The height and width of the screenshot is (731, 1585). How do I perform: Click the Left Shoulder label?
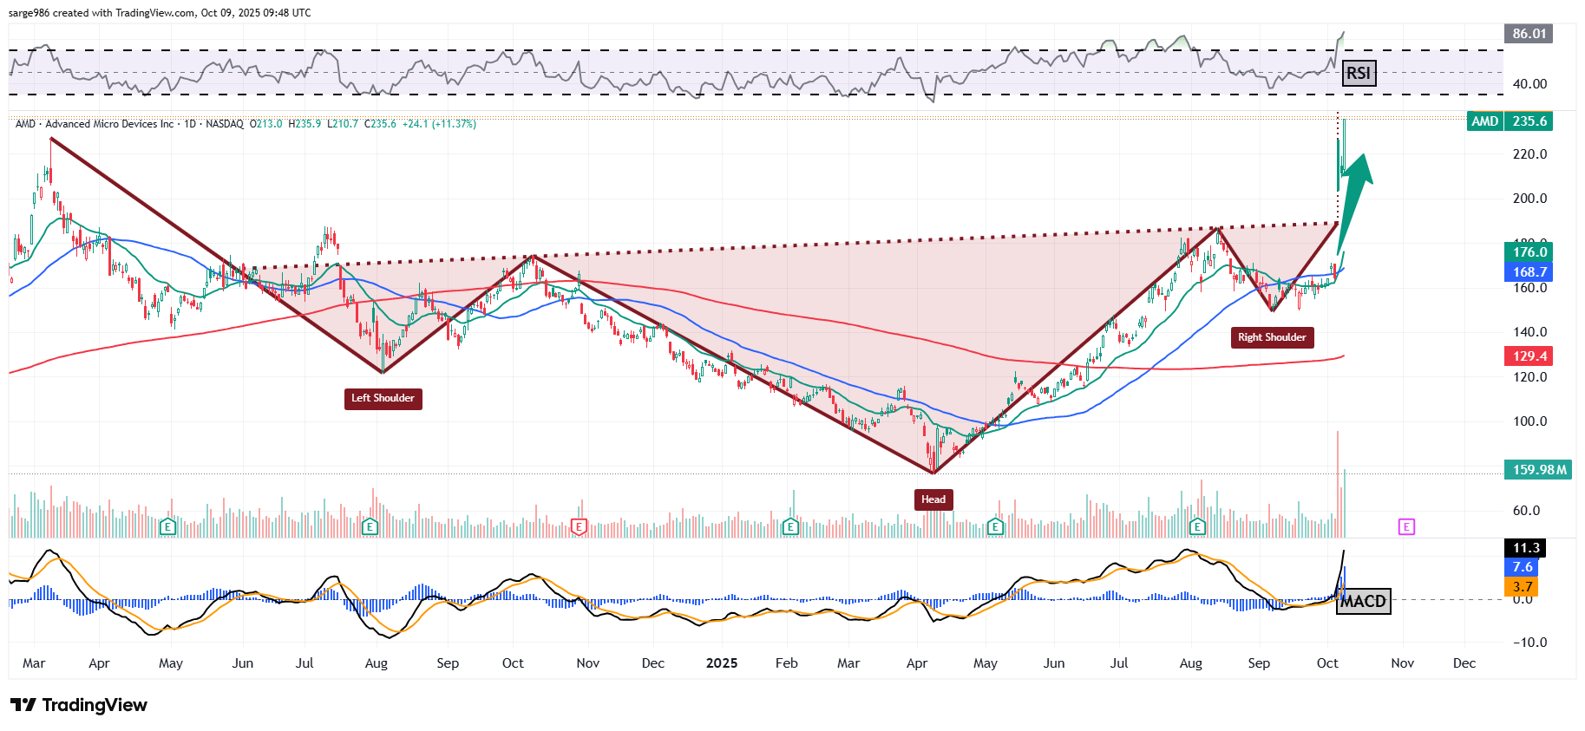[x=383, y=398]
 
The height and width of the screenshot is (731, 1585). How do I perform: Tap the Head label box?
[x=933, y=499]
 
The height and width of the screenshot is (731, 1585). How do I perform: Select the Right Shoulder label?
[x=1272, y=337]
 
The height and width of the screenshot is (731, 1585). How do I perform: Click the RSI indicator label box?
[x=1358, y=73]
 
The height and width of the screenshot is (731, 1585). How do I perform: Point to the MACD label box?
[x=1363, y=601]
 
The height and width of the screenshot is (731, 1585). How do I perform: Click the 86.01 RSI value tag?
[x=1528, y=34]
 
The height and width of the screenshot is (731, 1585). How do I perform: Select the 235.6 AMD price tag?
[x=1529, y=121]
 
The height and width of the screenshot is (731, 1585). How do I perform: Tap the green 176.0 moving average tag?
[x=1529, y=252]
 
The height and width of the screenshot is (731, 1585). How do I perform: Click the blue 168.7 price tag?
[x=1529, y=272]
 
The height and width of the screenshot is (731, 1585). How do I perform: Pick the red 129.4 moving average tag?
[x=1529, y=356]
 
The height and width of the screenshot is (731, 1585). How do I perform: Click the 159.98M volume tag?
[x=1538, y=470]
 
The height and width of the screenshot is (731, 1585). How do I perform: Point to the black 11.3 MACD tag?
[x=1525, y=548]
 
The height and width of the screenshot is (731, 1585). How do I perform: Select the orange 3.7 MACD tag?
[x=1522, y=587]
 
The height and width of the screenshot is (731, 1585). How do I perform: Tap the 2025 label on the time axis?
[x=722, y=663]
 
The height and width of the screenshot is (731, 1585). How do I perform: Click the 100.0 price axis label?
[x=1529, y=421]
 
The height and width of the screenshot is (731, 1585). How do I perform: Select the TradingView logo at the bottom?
[x=79, y=705]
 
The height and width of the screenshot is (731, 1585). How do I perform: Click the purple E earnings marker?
[x=1406, y=526]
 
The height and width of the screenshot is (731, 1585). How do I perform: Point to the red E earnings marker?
[x=579, y=526]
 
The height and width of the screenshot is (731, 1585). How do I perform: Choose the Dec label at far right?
[x=1464, y=663]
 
